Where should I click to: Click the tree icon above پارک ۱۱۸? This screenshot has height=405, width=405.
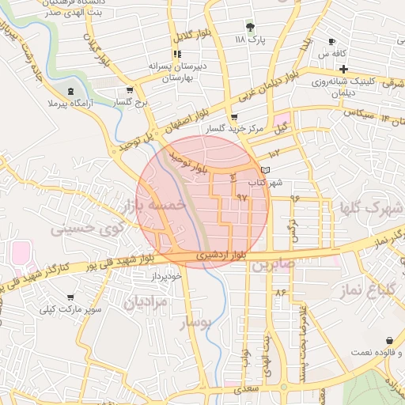point(250,26)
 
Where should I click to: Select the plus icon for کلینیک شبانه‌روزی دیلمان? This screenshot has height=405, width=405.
point(343,69)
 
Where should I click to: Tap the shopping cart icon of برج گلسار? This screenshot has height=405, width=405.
point(130,91)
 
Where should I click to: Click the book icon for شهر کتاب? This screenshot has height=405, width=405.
point(264,170)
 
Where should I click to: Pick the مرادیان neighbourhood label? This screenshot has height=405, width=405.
point(146,301)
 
